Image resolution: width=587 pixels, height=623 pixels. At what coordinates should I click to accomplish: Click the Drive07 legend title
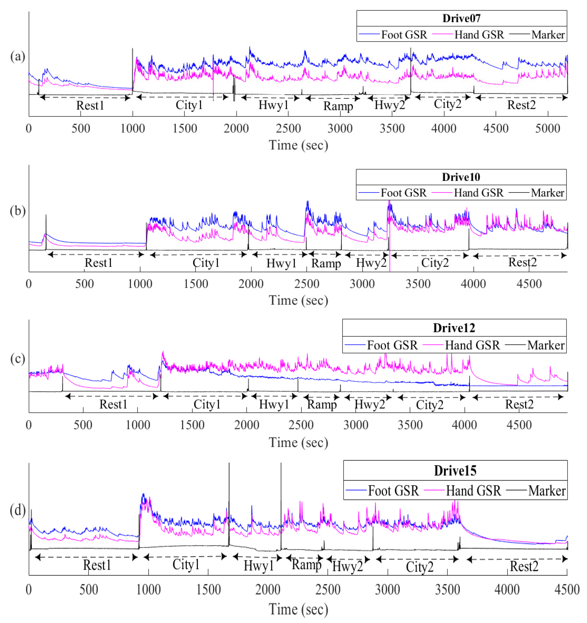click(461, 18)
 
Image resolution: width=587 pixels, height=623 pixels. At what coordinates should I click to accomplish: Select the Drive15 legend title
click(455, 471)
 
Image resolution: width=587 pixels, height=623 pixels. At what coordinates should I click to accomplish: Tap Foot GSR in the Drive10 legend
click(403, 193)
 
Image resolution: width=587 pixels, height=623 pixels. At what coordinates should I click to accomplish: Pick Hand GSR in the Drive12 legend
click(472, 345)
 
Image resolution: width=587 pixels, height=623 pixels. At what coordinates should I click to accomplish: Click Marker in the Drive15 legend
click(546, 491)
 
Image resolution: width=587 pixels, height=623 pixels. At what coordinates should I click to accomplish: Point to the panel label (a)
click(17, 57)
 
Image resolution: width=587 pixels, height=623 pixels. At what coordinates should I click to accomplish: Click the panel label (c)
click(17, 359)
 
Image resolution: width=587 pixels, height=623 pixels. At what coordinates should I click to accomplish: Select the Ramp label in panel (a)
click(338, 106)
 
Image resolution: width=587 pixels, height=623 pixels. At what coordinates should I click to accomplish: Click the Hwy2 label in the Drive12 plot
click(369, 404)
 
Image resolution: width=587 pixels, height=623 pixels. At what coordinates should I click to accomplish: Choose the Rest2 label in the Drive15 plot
click(524, 567)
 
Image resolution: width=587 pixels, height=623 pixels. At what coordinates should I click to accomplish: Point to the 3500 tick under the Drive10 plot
click(418, 284)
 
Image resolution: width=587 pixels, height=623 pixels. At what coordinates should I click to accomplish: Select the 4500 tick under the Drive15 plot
click(567, 590)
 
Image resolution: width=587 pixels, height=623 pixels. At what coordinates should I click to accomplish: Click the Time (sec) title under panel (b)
click(298, 300)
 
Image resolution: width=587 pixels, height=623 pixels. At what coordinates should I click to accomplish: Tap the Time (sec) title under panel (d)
click(298, 610)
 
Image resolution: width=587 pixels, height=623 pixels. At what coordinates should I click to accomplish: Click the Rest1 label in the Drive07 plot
click(90, 106)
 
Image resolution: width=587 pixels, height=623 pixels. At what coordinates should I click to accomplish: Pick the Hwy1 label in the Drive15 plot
click(259, 566)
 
